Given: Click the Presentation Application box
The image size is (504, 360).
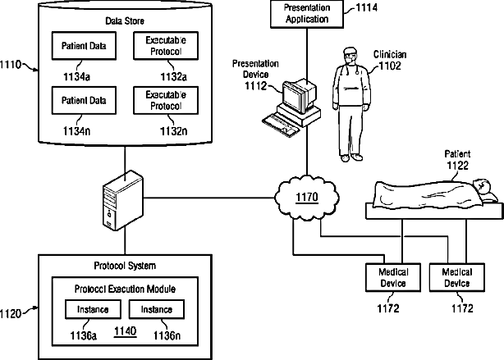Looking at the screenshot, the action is pyautogui.click(x=307, y=14).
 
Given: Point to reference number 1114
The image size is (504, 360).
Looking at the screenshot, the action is pyautogui.click(x=366, y=7).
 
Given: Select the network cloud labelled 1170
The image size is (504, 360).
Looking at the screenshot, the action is pyautogui.click(x=307, y=198).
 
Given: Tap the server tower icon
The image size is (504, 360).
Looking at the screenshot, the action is pyautogui.click(x=123, y=200).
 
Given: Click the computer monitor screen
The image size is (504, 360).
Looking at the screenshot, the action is pyautogui.click(x=292, y=96).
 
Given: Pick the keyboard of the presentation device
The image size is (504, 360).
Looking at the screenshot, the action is pyautogui.click(x=280, y=125).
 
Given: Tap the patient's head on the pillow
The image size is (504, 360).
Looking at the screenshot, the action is pyautogui.click(x=481, y=185).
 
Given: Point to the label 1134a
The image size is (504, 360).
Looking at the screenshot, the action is pyautogui.click(x=76, y=77).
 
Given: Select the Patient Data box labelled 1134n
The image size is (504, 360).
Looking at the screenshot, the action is pyautogui.click(x=84, y=100).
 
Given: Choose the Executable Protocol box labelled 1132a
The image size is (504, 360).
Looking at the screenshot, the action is pyautogui.click(x=166, y=46).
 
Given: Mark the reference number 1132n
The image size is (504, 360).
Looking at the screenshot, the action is pyautogui.click(x=173, y=131).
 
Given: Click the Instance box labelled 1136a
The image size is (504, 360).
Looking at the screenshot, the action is pyautogui.click(x=93, y=309).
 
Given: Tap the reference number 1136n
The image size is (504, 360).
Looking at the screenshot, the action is pyautogui.click(x=167, y=335).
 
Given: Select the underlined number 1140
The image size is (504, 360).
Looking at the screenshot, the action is pyautogui.click(x=126, y=331).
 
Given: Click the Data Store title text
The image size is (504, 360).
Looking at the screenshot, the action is pyautogui.click(x=125, y=21).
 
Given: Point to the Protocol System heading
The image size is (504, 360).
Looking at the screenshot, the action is pyautogui.click(x=125, y=266).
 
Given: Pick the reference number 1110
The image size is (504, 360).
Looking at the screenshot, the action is pyautogui.click(x=11, y=65).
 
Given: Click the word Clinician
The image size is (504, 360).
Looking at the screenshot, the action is pyautogui.click(x=390, y=55).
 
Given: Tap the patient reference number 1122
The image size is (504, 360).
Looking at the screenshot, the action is pyautogui.click(x=458, y=166).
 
